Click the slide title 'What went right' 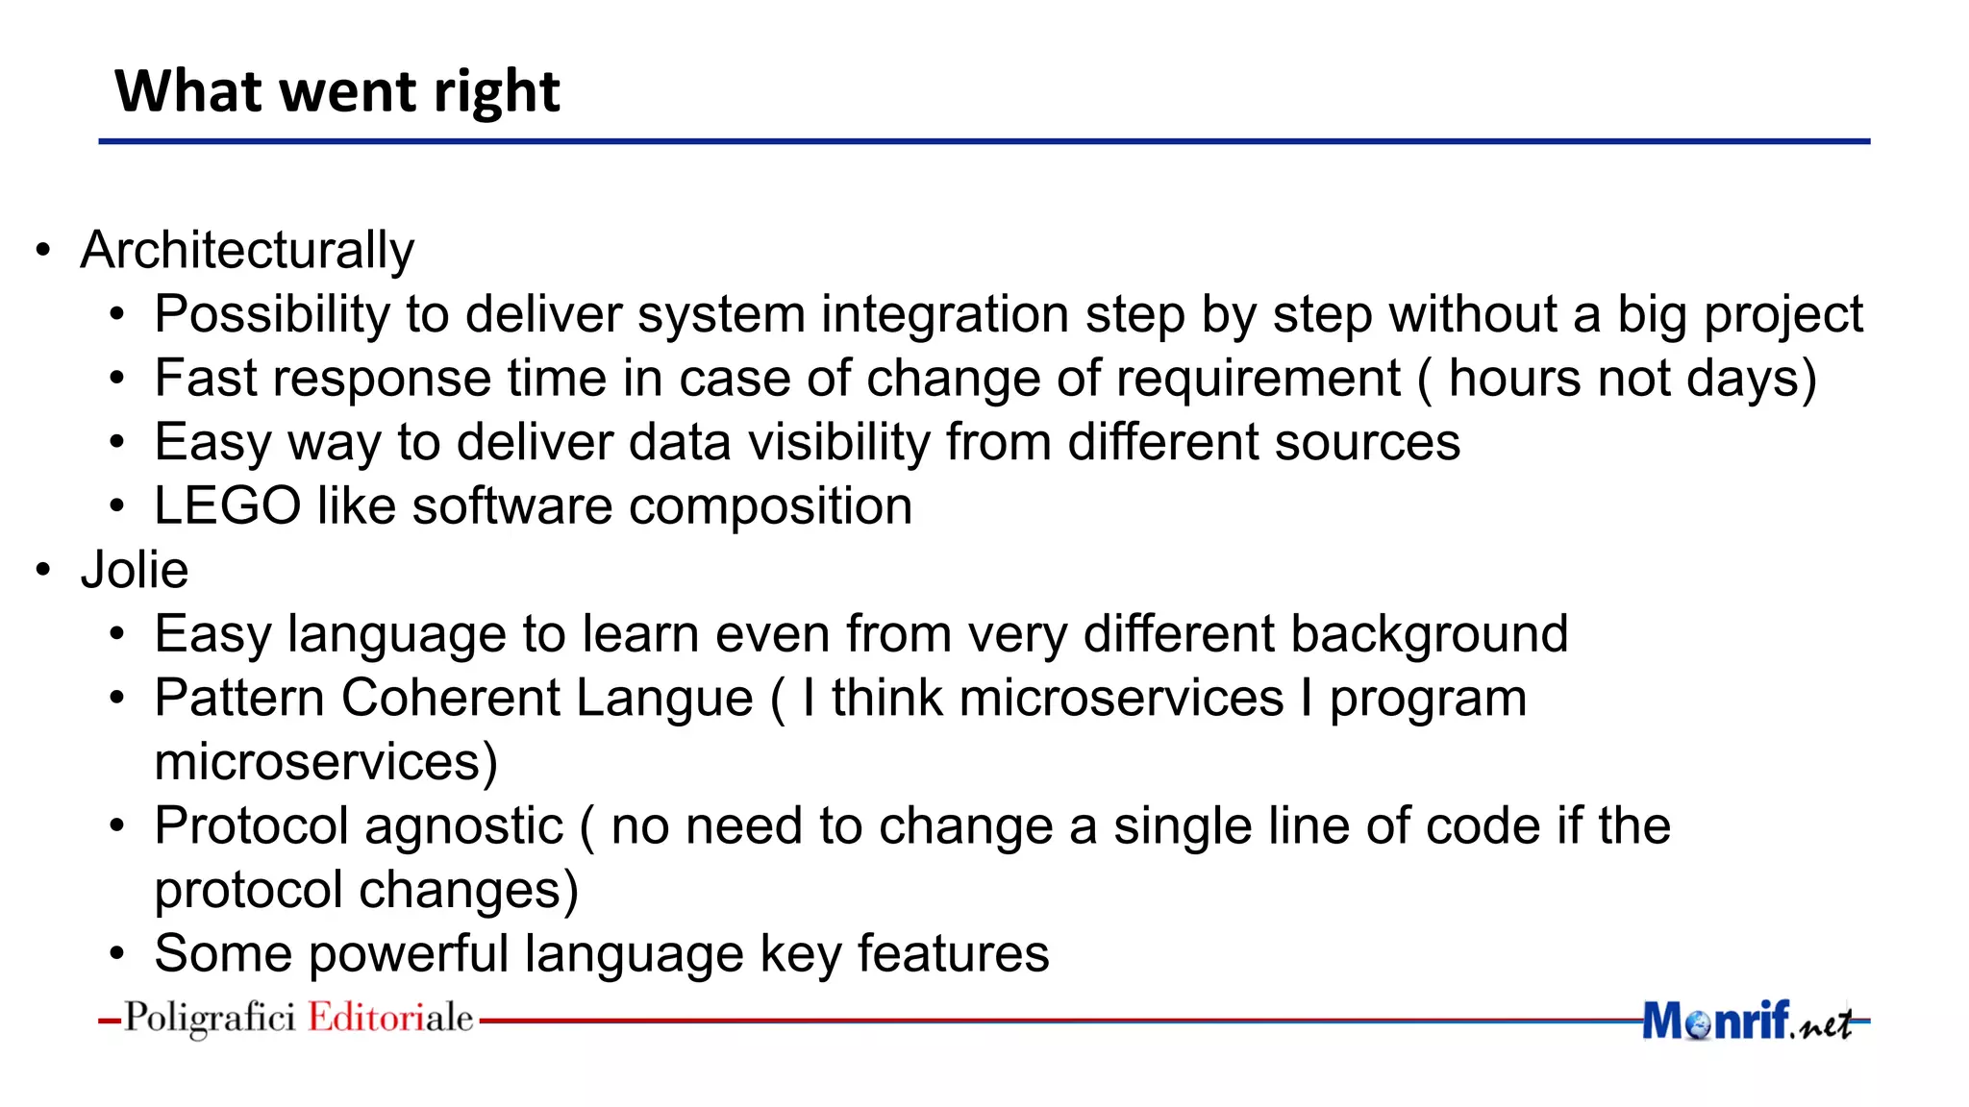point(336,92)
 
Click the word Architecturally point(247,251)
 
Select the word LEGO point(227,505)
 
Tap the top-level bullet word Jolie point(135,570)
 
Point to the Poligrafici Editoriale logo point(298,1018)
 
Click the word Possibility point(272,315)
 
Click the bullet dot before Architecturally point(43,252)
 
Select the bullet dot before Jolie point(43,571)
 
